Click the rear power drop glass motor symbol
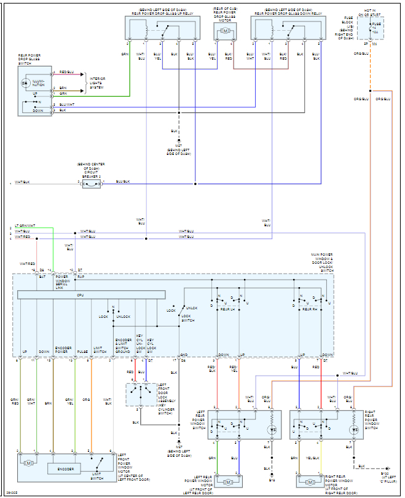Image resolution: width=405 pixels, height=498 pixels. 225,31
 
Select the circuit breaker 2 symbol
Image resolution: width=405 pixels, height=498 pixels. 92,183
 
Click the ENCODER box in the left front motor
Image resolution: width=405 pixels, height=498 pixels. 66,468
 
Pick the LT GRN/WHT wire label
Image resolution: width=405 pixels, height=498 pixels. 25,226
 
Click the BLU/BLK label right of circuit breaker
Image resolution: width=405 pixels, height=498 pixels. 123,181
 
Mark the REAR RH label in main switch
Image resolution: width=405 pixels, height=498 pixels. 310,309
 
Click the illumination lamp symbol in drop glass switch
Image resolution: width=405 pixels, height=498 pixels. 25,82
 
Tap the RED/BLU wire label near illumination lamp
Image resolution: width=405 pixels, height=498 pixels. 66,73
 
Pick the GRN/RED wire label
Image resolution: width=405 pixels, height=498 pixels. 15,401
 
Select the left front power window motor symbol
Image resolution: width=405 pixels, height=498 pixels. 29,462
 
